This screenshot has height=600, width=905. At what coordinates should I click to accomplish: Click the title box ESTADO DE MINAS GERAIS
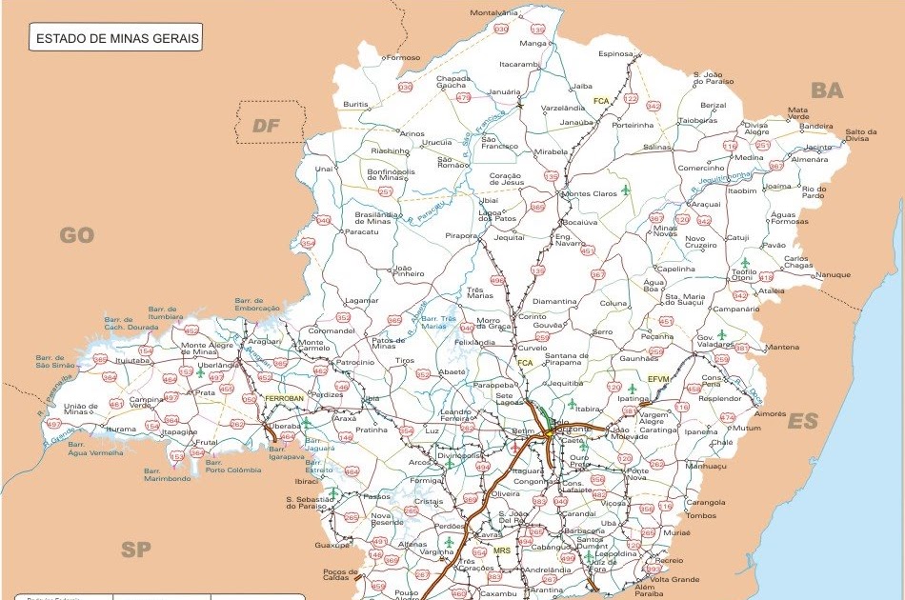pos(115,39)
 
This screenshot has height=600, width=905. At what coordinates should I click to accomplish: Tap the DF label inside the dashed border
pos(268,125)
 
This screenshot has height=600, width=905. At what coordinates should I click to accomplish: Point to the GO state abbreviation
pos(77,234)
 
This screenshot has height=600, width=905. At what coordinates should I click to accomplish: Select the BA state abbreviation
pos(827,90)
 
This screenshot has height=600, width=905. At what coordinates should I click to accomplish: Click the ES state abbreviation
pos(802,421)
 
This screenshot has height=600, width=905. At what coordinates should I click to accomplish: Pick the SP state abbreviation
pos(136,549)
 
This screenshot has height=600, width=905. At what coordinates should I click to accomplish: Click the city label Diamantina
pos(554,301)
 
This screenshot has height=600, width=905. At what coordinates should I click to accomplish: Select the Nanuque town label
pos(832,275)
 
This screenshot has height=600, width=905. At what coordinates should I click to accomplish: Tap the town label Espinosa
pos(615,54)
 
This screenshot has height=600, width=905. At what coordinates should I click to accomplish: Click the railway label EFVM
pos(658,378)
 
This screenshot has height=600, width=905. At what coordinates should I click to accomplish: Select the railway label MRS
pos(501,551)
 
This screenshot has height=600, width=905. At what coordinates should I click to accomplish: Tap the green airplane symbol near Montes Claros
pos(626,190)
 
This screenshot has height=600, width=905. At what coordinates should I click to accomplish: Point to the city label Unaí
pos(324,169)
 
